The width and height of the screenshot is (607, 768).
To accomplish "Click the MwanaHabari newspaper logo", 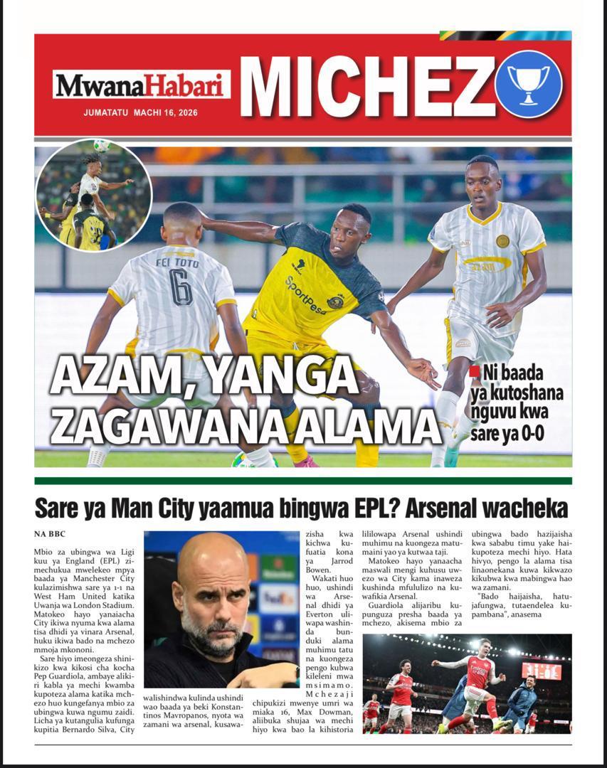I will (142, 85).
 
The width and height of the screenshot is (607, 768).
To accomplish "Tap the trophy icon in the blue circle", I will (528, 84).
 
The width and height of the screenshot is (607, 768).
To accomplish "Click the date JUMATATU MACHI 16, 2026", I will (140, 112).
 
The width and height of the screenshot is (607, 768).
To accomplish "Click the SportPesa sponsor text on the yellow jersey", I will (306, 294).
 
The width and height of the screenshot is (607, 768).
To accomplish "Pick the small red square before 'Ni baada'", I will (475, 371).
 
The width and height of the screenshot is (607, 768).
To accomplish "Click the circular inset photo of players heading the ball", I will (93, 196).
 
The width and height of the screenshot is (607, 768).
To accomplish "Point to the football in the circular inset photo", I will (102, 145).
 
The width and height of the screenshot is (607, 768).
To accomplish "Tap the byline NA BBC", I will (50, 533).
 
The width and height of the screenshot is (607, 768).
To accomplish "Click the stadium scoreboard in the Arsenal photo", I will (541, 671).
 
